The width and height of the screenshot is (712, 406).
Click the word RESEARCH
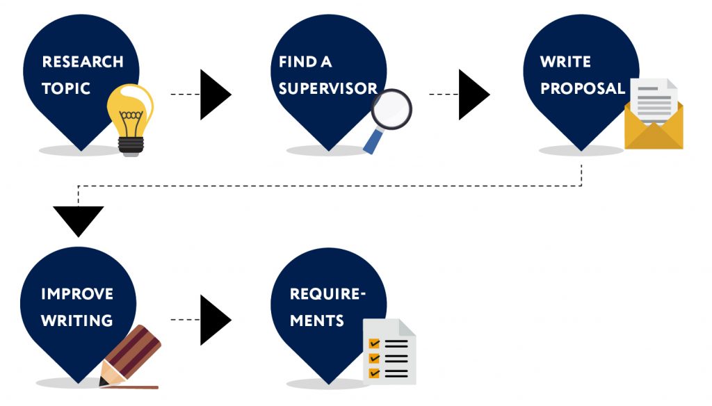point(83,62)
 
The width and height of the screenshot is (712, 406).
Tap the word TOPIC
point(66,89)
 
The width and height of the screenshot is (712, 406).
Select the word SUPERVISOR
point(327,89)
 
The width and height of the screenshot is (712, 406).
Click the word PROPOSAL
point(583,89)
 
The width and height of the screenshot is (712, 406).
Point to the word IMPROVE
point(76,293)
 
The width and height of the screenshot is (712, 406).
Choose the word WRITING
point(76,321)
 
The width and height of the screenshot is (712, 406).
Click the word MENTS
point(316,321)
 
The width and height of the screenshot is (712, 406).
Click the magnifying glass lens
point(391,109)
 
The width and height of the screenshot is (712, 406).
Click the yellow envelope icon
point(654,129)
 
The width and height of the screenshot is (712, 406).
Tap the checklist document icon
point(390,351)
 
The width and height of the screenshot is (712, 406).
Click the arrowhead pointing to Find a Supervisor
point(213,94)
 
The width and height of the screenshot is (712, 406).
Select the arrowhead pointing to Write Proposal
point(472,94)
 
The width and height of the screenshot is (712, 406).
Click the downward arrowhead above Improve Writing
point(78,220)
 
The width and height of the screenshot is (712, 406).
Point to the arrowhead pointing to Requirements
point(213,320)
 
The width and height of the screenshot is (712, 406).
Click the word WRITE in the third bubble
point(565,62)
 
